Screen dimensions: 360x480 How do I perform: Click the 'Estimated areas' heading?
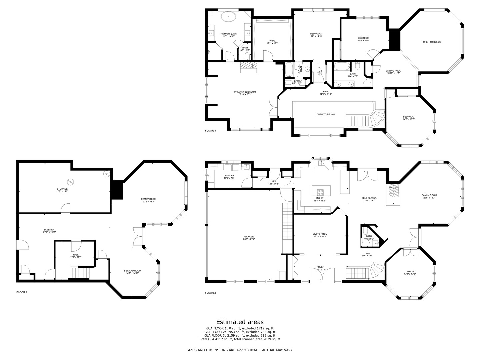coord(240,322)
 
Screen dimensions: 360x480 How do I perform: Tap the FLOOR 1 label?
coord(22,292)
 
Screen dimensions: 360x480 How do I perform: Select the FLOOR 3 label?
coord(210,131)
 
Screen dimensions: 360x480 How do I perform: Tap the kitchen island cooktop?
coord(320,192)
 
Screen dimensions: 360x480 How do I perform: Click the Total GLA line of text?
coord(240,339)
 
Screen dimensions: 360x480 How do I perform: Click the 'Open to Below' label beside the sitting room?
coord(432,42)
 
